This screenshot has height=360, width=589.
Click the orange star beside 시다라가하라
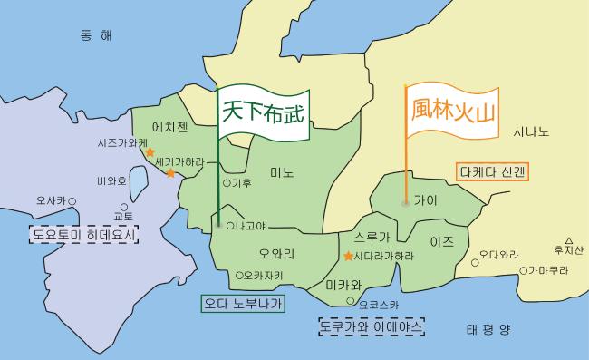(x=349, y=257)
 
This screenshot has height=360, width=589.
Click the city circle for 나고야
(x=229, y=224)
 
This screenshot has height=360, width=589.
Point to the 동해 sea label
(x=95, y=35)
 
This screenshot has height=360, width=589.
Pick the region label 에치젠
(x=169, y=127)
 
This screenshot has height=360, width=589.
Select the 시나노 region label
(x=531, y=131)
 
